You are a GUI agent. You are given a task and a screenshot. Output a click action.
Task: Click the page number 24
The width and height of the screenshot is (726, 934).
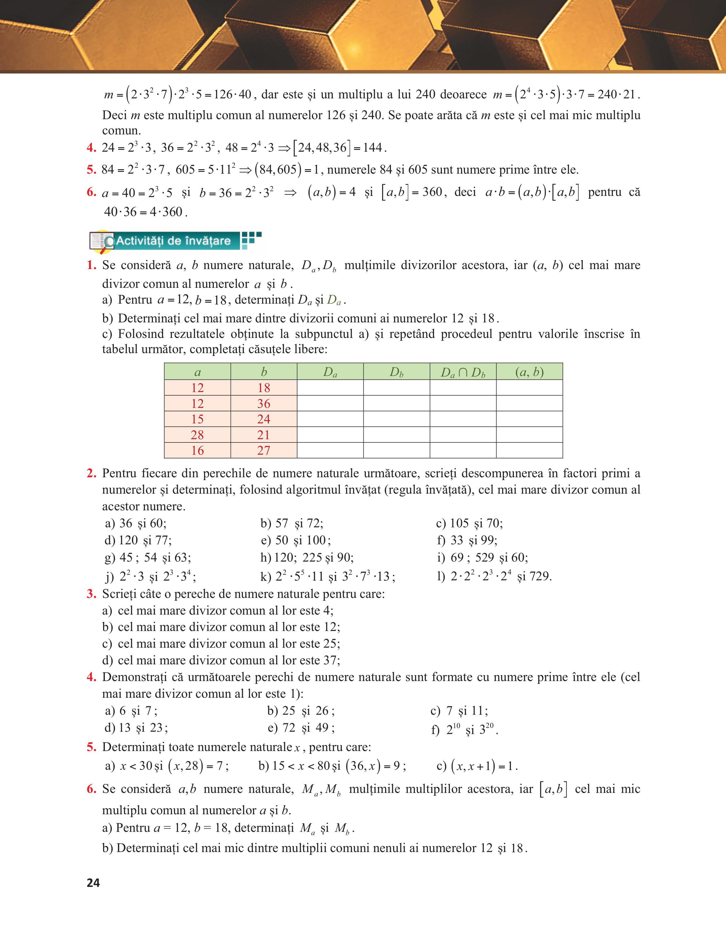tap(93, 883)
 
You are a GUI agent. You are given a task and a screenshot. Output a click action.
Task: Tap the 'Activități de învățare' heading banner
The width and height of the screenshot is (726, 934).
tap(173, 241)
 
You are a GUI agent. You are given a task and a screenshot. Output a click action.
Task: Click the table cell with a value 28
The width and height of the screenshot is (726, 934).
tap(198, 435)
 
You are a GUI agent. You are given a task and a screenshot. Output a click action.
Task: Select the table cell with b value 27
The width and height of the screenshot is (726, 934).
tap(264, 450)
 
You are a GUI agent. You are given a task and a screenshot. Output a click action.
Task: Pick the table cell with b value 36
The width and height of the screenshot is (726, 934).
tap(264, 403)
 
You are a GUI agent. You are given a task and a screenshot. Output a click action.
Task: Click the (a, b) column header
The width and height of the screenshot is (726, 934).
tap(529, 372)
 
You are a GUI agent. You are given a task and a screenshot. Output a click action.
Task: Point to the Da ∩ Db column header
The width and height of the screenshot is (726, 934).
tap(463, 372)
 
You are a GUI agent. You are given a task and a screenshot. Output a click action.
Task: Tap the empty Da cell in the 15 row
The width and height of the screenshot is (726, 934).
tap(330, 419)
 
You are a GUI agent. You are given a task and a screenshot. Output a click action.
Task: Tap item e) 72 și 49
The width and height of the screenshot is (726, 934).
tap(301, 728)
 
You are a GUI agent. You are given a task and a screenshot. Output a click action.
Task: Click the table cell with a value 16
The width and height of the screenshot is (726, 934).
tap(198, 450)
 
